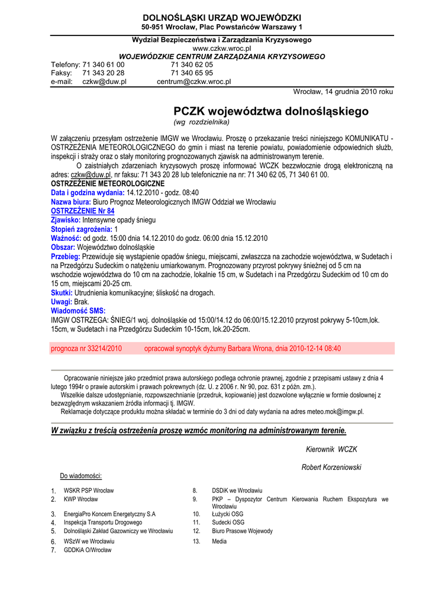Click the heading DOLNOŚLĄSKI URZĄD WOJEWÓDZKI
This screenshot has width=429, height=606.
pyautogui.click(x=222, y=18)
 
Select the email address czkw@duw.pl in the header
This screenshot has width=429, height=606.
pyautogui.click(x=104, y=82)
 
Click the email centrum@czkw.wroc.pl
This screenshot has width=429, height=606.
pyautogui.click(x=193, y=82)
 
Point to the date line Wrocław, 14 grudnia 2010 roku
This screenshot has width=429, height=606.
pyautogui.click(x=343, y=92)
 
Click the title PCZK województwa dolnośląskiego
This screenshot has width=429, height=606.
pyautogui.click(x=270, y=111)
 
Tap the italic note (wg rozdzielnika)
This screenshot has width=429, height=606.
pyautogui.click(x=201, y=122)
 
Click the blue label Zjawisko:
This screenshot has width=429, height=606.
pyautogui.click(x=66, y=220)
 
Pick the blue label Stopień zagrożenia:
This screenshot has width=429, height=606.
pyautogui.click(x=82, y=229)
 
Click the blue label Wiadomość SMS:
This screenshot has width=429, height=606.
pyautogui.click(x=78, y=311)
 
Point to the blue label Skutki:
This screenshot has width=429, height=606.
pyautogui.click(x=62, y=293)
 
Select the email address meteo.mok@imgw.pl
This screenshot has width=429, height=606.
pyautogui.click(x=336, y=411)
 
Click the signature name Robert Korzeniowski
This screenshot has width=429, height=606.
pyautogui.click(x=331, y=468)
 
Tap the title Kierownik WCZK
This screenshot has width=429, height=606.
pyautogui.click(x=331, y=449)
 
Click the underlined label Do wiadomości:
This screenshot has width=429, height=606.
pyautogui.click(x=81, y=476)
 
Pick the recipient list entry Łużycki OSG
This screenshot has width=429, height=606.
pyautogui.click(x=228, y=514)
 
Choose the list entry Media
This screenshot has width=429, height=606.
pyautogui.click(x=219, y=541)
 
